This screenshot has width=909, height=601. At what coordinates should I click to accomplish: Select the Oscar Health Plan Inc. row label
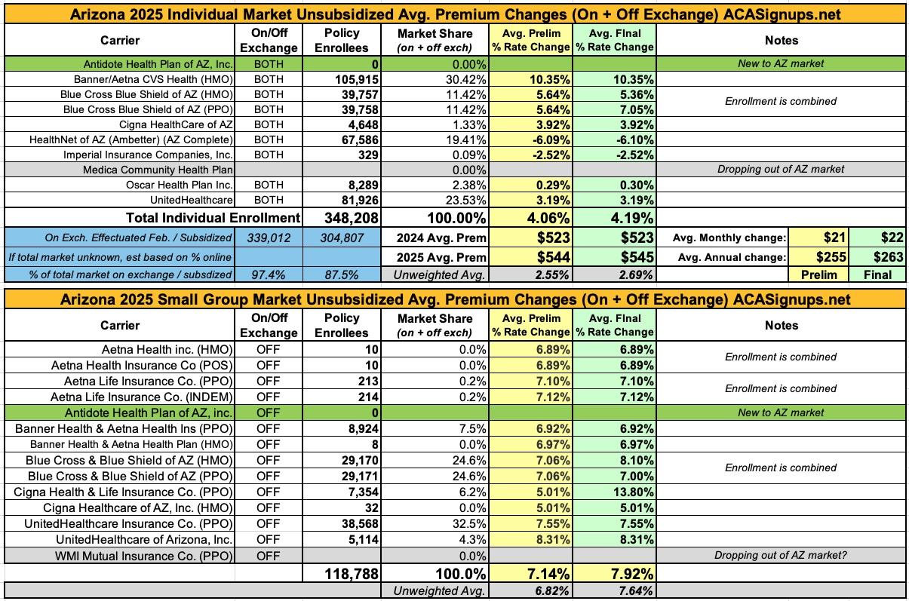click(x=180, y=185)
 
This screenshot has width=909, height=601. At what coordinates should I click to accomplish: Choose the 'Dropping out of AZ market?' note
click(x=781, y=556)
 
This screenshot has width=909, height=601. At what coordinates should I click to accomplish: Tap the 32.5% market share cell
click(x=469, y=523)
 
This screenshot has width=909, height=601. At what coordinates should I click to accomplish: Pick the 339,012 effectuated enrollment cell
click(x=269, y=237)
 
